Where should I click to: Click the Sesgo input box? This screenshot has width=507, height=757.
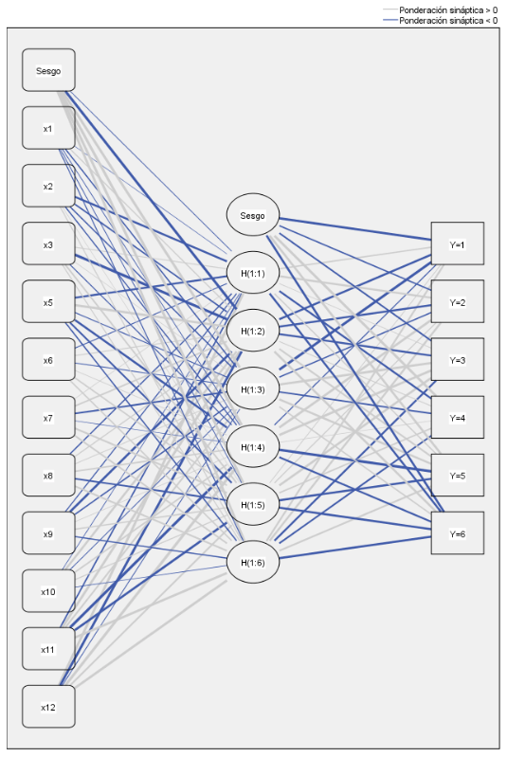pos(48,70)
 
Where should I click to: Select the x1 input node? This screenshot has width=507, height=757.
pos(48,128)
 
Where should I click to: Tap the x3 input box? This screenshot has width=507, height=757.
pos(48,243)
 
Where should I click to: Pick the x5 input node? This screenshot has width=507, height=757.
pos(48,301)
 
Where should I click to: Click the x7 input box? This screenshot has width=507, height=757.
pos(48,418)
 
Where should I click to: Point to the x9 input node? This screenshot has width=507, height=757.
pos(48,533)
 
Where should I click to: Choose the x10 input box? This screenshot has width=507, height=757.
pos(48,591)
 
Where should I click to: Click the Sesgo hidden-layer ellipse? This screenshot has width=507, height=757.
pos(252,215)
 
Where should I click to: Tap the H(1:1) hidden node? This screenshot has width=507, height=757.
pos(252,273)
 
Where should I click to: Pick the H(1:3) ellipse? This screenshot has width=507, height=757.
pos(252,388)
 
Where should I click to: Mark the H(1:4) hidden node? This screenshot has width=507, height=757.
pos(252,446)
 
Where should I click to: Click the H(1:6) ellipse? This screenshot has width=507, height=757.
pos(252,562)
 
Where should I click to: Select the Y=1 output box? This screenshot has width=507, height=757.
pos(458,243)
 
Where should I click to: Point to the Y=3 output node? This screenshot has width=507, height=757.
pos(458,360)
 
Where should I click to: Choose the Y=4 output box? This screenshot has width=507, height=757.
pos(458,418)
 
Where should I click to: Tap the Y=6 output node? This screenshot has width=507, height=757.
pos(458,533)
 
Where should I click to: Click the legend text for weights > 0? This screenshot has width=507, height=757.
pos(448,9)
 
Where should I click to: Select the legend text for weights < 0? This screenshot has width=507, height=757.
pos(448,20)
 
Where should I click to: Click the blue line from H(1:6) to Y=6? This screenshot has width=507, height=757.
pos(354,548)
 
